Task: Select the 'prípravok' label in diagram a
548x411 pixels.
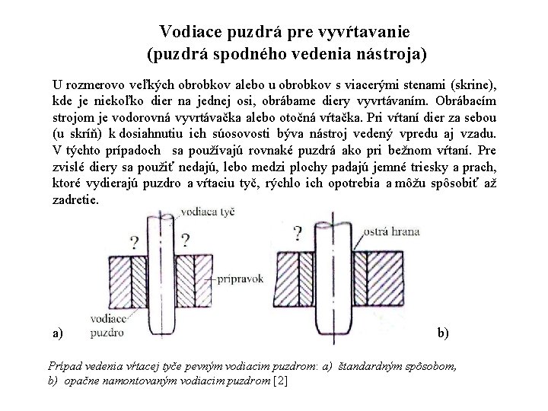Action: coord(238,279)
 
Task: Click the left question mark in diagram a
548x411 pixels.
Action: coord(134,243)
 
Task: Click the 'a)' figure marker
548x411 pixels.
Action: coord(59,333)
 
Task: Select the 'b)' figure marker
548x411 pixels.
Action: coord(443,333)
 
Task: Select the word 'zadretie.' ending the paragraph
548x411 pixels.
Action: coord(76,201)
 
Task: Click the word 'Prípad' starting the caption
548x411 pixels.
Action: coord(65,366)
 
